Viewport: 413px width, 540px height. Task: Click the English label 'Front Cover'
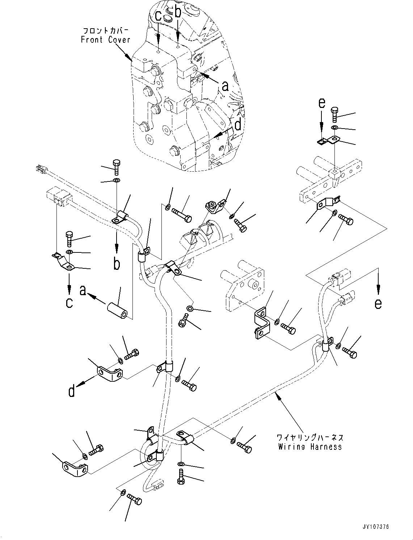pos(105,40)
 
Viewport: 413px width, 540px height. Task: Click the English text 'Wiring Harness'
pos(310,447)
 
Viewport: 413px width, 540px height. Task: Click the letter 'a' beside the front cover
pos(225,86)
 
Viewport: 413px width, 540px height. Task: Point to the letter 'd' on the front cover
pos(238,125)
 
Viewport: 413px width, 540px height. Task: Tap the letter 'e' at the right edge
pos(378,304)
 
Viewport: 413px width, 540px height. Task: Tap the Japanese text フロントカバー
pos(105,31)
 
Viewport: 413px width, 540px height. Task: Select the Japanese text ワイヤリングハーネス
pos(310,438)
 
